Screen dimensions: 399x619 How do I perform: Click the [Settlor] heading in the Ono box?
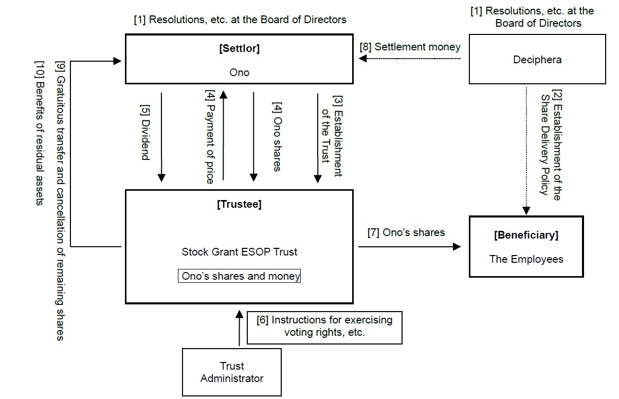click(239, 49)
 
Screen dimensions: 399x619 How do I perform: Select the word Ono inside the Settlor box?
click(239, 72)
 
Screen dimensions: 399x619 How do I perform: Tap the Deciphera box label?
click(537, 60)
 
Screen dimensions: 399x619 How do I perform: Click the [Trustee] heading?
click(239, 204)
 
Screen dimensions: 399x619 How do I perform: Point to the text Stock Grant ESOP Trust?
click(239, 252)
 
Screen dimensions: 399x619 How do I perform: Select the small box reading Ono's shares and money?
click(241, 276)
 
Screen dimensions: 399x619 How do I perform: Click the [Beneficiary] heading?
click(526, 235)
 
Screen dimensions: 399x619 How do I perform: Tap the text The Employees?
click(526, 259)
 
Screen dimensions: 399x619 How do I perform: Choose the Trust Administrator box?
click(232, 372)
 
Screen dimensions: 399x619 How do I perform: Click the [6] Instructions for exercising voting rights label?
click(324, 326)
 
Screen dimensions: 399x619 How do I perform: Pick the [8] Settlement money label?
click(409, 47)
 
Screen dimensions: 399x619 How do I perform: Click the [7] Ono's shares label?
click(406, 232)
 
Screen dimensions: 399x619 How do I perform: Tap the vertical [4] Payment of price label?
click(210, 137)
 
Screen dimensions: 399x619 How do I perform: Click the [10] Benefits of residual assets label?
click(40, 133)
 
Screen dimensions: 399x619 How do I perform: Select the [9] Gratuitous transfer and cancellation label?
click(60, 201)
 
